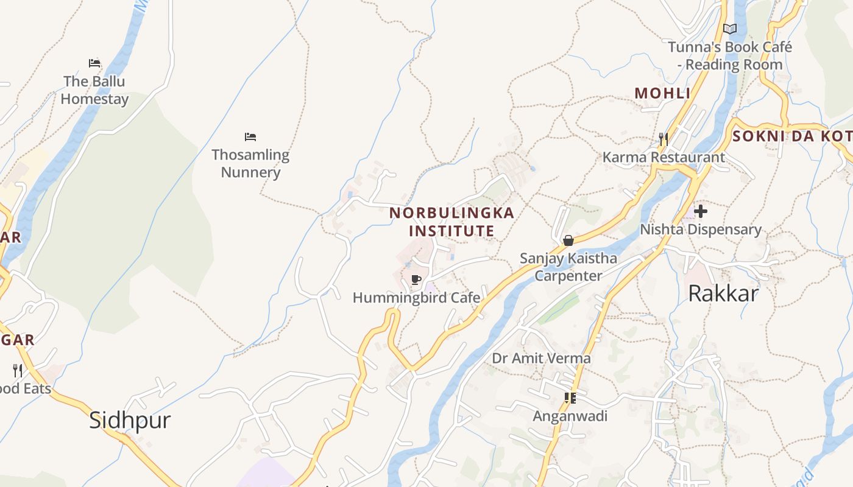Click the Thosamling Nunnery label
[250, 163]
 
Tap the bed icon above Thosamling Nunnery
[250, 137]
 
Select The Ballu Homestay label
[94, 90]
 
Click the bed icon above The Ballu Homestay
[94, 63]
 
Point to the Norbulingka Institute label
[451, 222]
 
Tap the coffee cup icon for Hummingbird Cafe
[416, 280]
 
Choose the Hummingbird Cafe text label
[416, 298]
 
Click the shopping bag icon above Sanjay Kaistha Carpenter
[568, 240]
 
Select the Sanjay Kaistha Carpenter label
[568, 267]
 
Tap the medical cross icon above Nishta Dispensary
[701, 212]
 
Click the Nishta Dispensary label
[701, 229]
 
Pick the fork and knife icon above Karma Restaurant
[664, 139]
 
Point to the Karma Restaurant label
[664, 157]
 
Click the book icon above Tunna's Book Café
[730, 29]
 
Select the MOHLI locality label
[662, 93]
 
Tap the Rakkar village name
[723, 293]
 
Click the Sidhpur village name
[130, 420]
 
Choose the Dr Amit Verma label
[541, 358]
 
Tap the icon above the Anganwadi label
[570, 398]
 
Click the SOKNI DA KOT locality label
[792, 136]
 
